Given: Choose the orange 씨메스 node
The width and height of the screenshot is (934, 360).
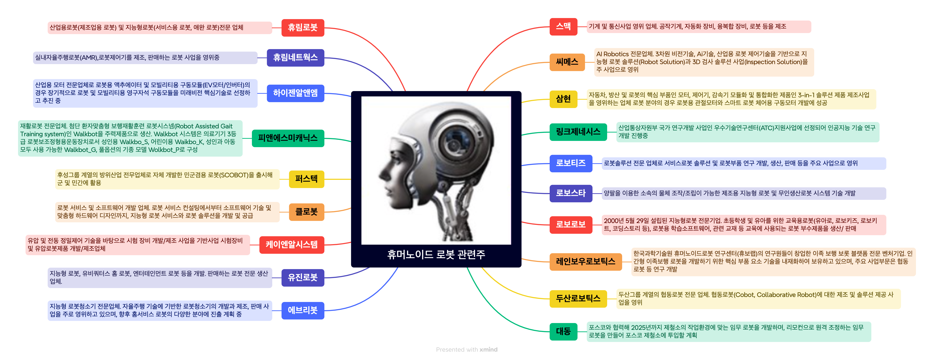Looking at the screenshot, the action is point(567,62).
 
